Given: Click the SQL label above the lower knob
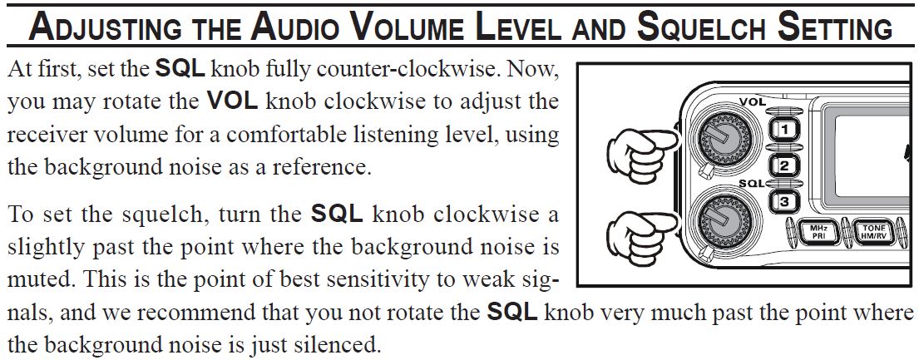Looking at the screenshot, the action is coord(751,184).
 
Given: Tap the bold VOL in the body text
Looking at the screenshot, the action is coord(233,101).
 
